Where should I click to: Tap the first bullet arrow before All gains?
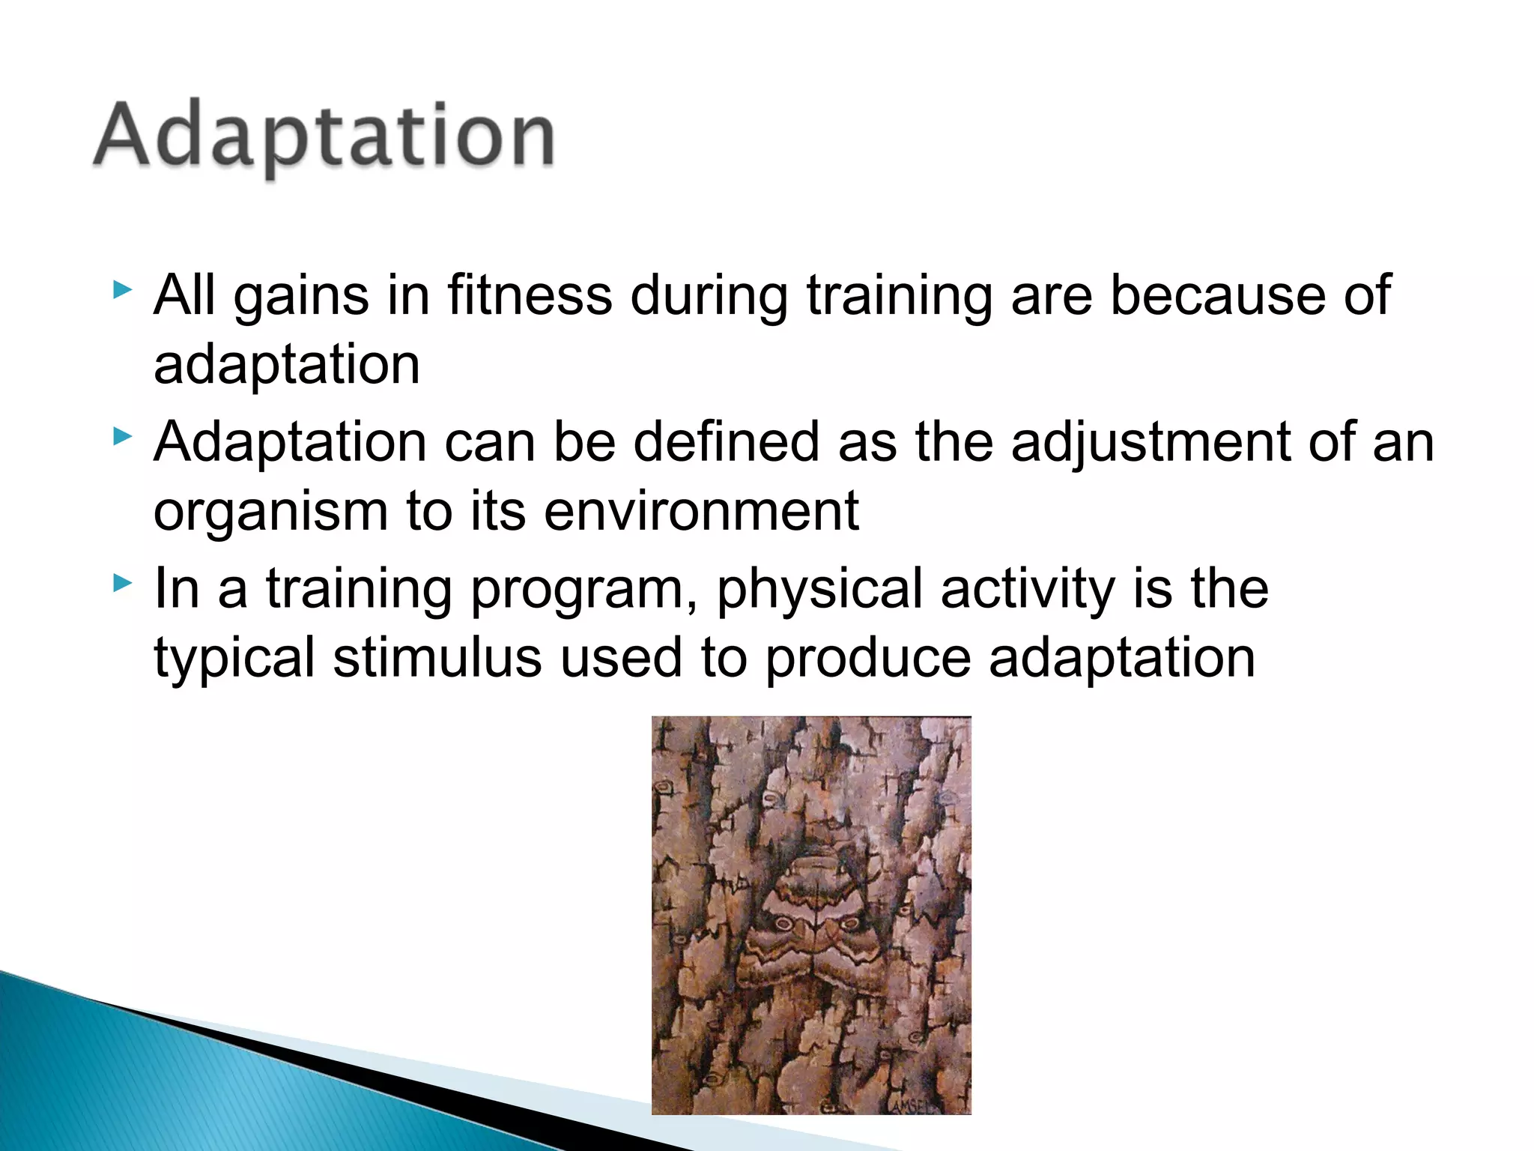(x=122, y=289)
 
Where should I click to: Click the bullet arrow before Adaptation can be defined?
(x=122, y=435)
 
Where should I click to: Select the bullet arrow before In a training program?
(x=122, y=581)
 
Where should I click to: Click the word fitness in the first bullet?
(x=530, y=294)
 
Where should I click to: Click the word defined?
(x=727, y=441)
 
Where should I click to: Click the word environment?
(x=701, y=511)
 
